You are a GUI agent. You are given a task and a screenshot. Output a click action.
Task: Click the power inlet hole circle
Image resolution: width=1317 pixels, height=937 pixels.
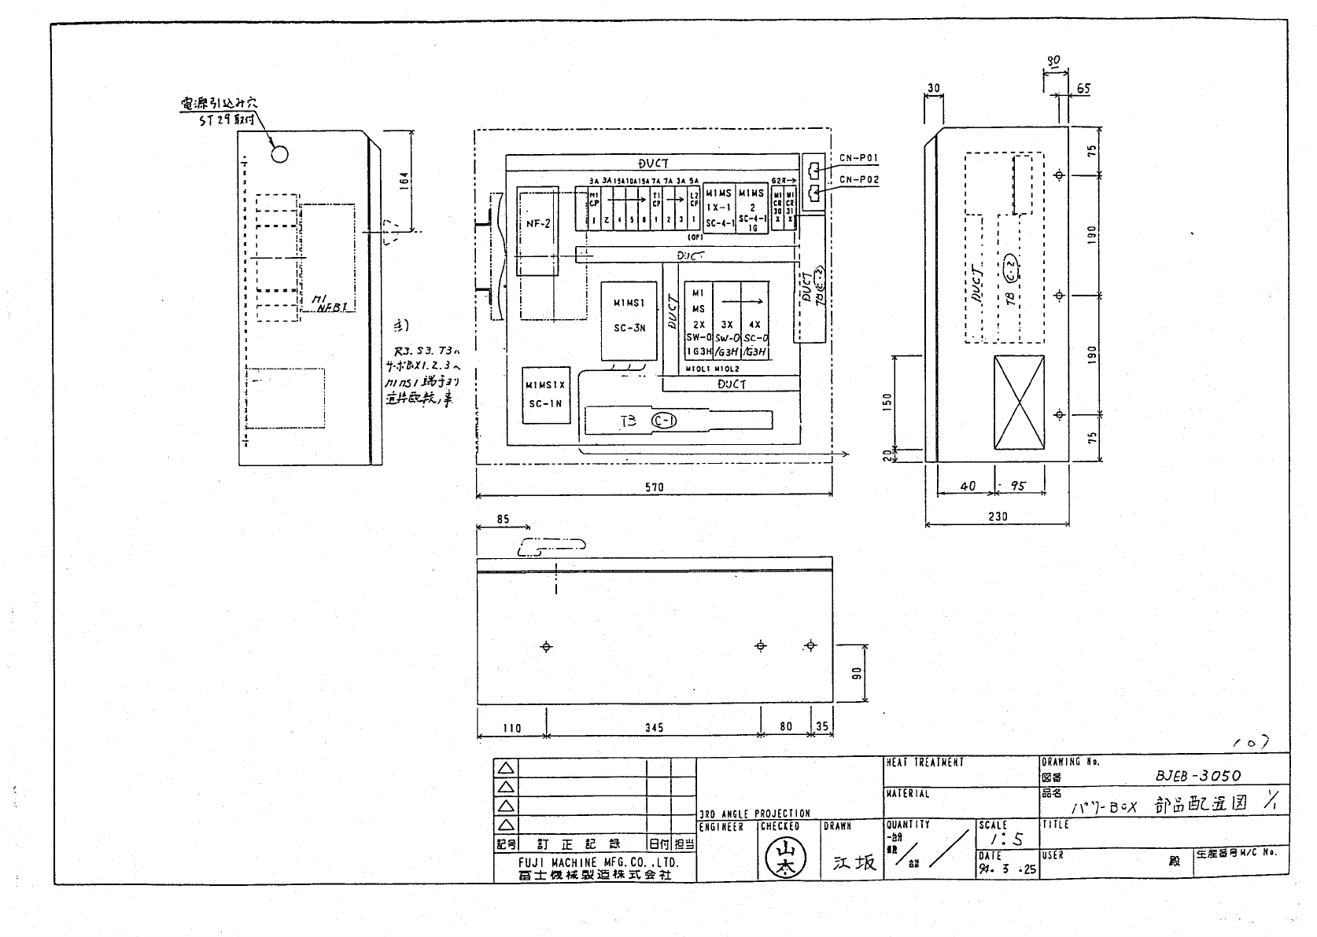tap(279, 153)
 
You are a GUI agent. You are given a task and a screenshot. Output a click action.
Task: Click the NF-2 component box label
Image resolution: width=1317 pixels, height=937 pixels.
tap(538, 224)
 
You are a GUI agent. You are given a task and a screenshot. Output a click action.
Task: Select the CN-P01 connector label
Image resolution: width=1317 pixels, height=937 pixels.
tap(859, 158)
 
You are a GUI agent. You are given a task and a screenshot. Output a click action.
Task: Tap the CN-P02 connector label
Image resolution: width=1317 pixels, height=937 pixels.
tap(859, 180)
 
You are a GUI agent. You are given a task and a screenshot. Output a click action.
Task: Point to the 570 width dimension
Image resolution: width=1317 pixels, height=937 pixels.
tap(654, 487)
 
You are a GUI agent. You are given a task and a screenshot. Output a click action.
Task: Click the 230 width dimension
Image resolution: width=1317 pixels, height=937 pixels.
tap(997, 516)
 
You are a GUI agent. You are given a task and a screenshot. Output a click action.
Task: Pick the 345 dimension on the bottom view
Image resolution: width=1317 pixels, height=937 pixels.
tap(654, 728)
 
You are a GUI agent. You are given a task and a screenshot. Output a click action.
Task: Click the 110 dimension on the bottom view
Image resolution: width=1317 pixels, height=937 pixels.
tap(511, 728)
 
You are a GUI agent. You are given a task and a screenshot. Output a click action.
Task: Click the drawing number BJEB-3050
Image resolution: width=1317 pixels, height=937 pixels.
tap(1197, 776)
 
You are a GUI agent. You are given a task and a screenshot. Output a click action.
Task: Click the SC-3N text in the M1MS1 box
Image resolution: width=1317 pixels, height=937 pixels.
tap(629, 328)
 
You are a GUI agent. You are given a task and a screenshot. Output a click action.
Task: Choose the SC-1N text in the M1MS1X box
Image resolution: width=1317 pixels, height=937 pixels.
tap(545, 404)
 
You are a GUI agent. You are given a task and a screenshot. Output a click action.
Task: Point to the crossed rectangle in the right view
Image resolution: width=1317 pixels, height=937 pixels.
tap(1020, 403)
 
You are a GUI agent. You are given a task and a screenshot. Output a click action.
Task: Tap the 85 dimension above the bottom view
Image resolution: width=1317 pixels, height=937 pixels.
tap(504, 520)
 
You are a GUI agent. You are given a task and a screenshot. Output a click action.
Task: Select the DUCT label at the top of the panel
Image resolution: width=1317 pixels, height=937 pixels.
tap(653, 164)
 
